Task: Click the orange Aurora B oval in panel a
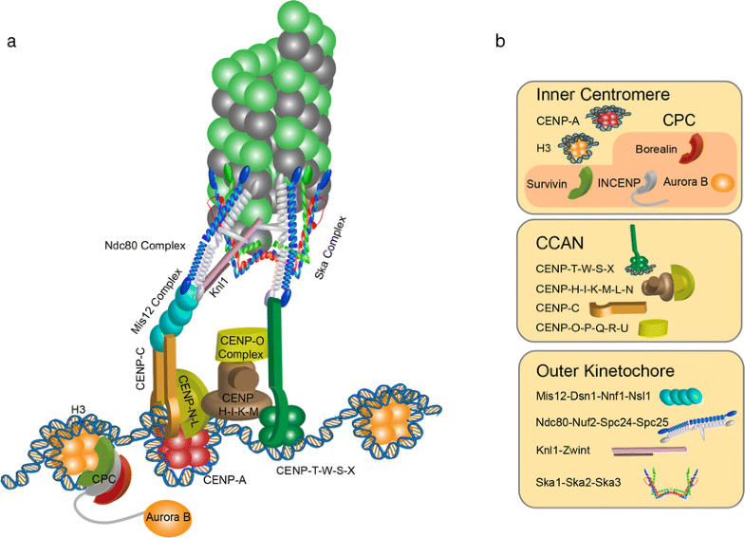click(167, 518)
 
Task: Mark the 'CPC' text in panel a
click(104, 478)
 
